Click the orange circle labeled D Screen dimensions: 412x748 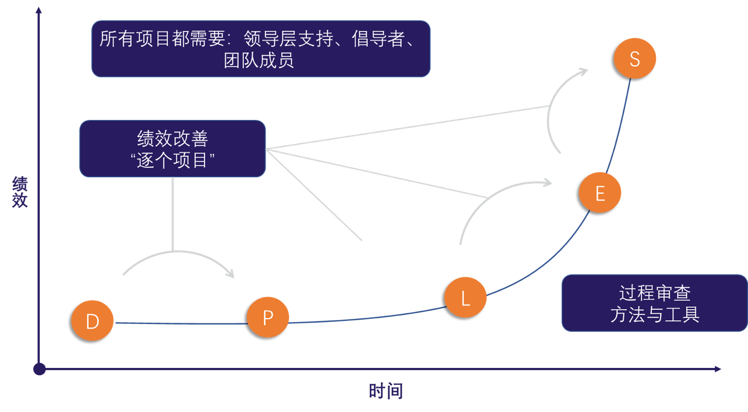92,321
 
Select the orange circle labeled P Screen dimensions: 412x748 268,317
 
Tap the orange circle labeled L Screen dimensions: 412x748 465,298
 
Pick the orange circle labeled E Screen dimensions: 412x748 600,193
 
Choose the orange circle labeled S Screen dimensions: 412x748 635,58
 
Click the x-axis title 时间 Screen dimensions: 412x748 386,392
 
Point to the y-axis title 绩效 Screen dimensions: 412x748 20,192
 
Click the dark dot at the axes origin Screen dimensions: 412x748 39,369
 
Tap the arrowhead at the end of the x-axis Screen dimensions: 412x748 718,369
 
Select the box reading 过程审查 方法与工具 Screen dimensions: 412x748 654,303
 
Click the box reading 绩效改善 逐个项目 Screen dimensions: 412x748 173,149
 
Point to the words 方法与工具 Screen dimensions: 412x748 655,315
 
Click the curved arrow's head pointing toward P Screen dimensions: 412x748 229,273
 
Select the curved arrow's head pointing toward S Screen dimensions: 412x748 583,71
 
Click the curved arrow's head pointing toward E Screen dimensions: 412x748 548,182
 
